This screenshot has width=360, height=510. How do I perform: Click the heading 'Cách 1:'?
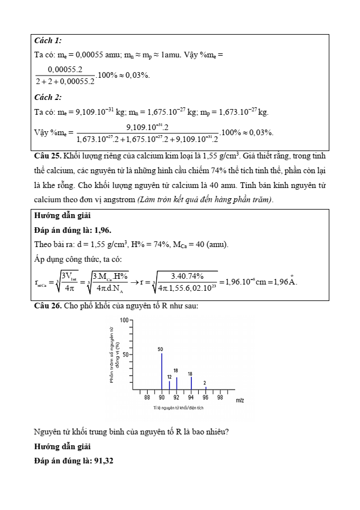point(48,40)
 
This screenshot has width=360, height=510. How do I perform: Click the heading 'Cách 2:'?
point(48,97)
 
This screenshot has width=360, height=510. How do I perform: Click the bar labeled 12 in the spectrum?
point(169,384)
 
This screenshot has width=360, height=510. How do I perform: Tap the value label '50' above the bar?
point(161,349)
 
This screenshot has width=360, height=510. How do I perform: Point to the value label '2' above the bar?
point(205,383)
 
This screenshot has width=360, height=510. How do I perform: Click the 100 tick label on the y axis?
point(124,321)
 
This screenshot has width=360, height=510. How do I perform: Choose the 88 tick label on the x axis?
point(147,398)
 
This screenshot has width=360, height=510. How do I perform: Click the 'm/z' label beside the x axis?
point(240,400)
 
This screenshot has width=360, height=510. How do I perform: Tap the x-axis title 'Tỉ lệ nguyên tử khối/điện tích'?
point(178,408)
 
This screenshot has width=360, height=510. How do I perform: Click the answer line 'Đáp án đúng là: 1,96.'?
point(73,230)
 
